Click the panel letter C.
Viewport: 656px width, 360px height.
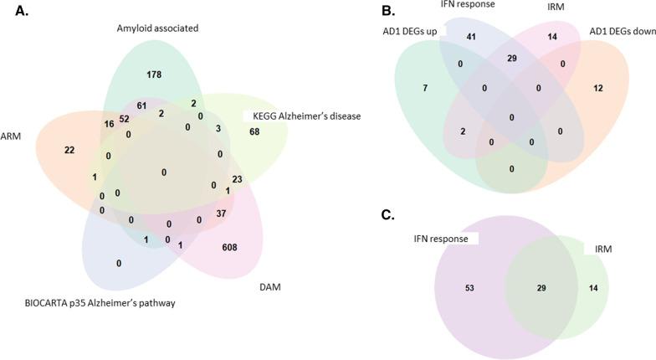[387, 214]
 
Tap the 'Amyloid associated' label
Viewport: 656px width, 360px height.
[158, 28]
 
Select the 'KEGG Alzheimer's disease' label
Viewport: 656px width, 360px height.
[302, 116]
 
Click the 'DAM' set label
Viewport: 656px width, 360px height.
[269, 287]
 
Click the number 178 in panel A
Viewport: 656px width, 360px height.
[155, 75]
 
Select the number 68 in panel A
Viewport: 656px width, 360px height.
[254, 131]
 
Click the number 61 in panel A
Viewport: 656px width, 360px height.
[141, 106]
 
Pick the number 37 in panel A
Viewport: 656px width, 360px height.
[222, 213]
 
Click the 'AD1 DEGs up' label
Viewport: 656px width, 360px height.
[409, 32]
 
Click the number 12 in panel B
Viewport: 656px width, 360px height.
[598, 89]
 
